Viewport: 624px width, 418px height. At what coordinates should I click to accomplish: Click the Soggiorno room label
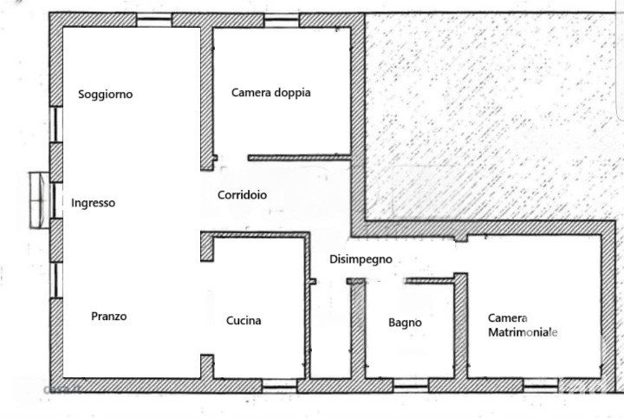coord(106,95)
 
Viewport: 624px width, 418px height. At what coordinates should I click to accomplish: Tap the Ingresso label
coord(93,203)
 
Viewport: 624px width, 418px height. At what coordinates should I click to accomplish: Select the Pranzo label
coord(109,317)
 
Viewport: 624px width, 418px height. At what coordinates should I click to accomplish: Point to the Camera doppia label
coord(270,93)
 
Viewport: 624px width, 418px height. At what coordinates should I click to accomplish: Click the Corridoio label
coord(242,195)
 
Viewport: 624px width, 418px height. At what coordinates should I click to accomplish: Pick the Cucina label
coord(244,321)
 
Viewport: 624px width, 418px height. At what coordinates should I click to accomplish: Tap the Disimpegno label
coord(361,258)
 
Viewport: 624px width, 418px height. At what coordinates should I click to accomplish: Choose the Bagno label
coord(405,323)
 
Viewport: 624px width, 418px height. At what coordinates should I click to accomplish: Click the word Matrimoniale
coord(523,333)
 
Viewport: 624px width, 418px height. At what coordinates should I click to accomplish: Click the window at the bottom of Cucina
coord(279,382)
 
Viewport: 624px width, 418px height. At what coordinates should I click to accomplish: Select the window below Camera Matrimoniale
coord(542,382)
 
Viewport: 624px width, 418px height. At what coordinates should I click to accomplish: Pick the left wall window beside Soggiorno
coord(55,124)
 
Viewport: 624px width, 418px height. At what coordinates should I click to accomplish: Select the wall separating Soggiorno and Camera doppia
coord(207,91)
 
